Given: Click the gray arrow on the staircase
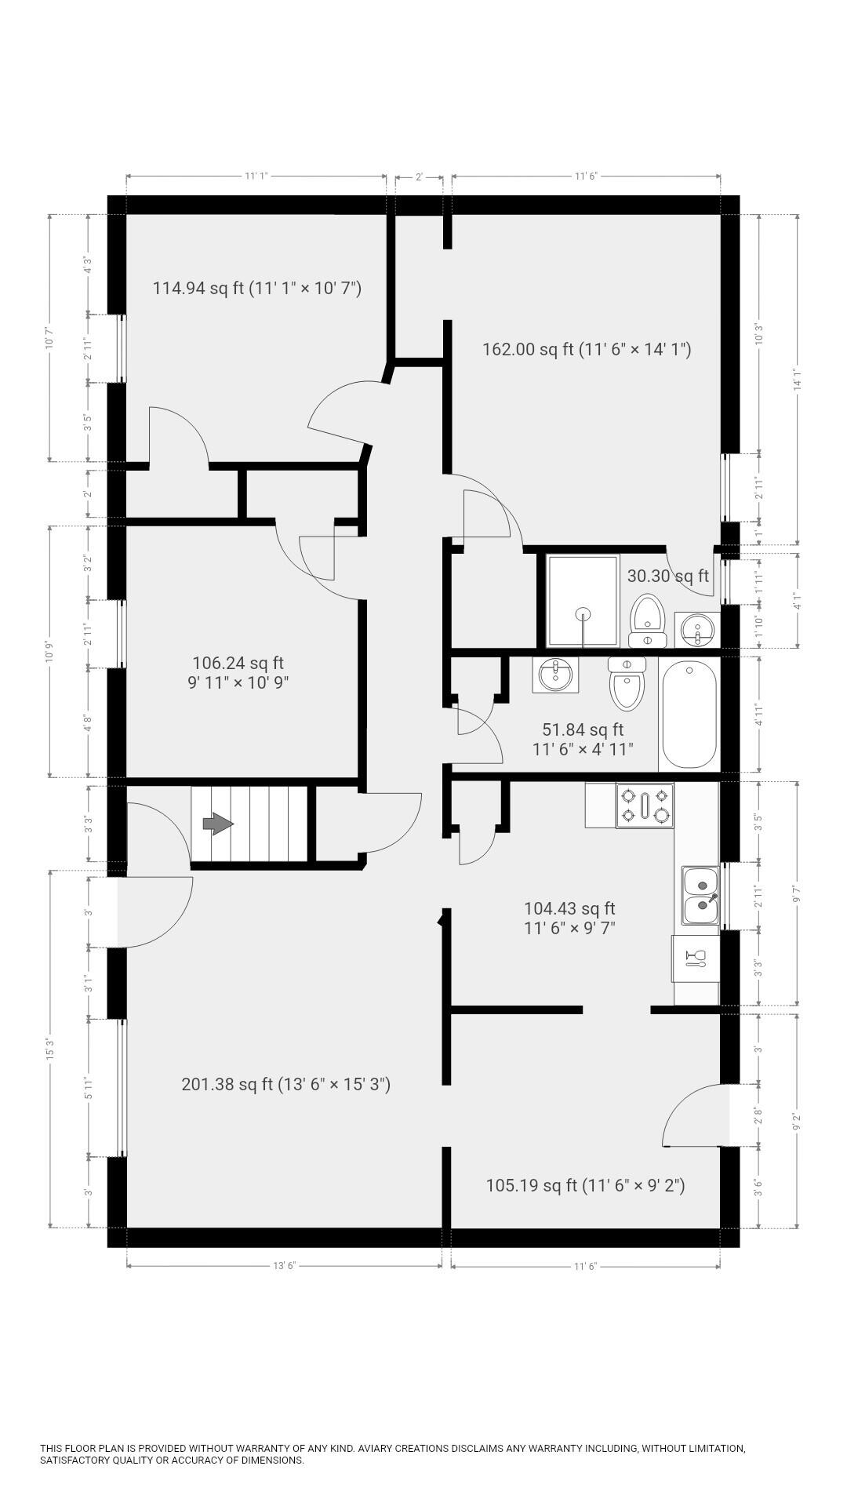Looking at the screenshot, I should (x=218, y=824).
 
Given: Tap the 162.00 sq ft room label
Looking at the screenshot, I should (x=586, y=349).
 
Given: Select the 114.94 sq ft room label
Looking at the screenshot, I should (x=256, y=288).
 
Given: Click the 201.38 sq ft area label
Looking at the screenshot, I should (x=285, y=1084).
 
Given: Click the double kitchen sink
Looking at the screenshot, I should (x=700, y=896).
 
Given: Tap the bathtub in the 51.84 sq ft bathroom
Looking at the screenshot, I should (x=689, y=715).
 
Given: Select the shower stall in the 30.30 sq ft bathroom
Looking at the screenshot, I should (x=583, y=601).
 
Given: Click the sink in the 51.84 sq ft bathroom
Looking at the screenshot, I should (x=556, y=675).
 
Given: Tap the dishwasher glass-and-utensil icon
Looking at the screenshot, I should (x=695, y=958).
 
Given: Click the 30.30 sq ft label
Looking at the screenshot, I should (x=667, y=576).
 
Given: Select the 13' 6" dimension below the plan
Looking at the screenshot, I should (x=284, y=1266).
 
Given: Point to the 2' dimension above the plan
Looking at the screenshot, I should (x=419, y=177).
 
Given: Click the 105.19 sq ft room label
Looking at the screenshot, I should (x=585, y=1184).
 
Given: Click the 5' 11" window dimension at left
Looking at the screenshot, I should (x=89, y=1087).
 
